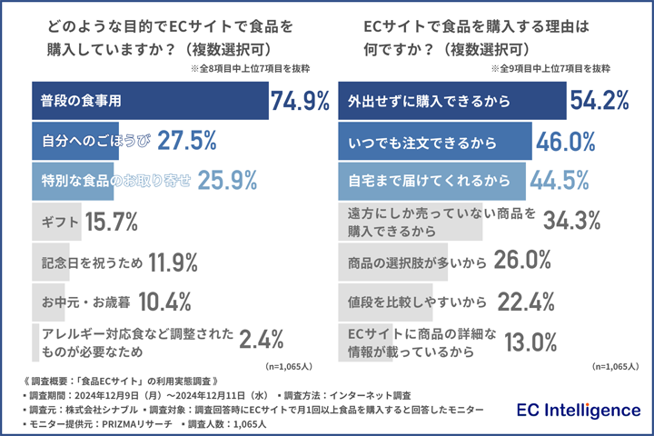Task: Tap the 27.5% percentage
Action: pyautogui.click(x=186, y=141)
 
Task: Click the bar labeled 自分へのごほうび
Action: pyautogui.click(x=92, y=141)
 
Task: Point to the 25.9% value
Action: pyautogui.click(x=228, y=181)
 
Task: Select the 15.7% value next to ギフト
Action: pyautogui.click(x=111, y=221)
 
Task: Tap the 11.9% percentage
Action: pyautogui.click(x=173, y=263)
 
